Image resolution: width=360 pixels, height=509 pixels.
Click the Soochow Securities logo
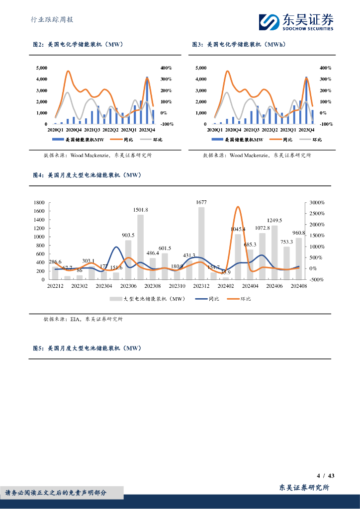[x=296, y=21]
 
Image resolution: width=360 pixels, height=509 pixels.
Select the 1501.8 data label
[x=140, y=210]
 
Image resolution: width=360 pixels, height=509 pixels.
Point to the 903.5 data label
[x=128, y=235]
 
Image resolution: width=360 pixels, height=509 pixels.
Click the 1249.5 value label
[x=274, y=220]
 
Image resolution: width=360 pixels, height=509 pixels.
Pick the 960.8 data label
[x=299, y=233]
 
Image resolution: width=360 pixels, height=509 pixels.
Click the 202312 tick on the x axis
[x=201, y=286]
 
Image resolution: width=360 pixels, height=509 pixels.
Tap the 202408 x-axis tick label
[x=299, y=286]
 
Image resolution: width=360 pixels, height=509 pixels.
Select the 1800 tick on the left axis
[x=38, y=203]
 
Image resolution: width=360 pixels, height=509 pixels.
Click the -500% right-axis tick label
[x=316, y=279]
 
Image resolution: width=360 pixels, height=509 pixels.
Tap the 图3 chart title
[x=239, y=45]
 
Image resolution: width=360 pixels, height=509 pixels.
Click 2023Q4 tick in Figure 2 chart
[x=147, y=130]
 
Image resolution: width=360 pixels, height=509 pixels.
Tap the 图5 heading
[x=87, y=348]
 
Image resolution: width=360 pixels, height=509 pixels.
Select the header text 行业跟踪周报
[x=52, y=20]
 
